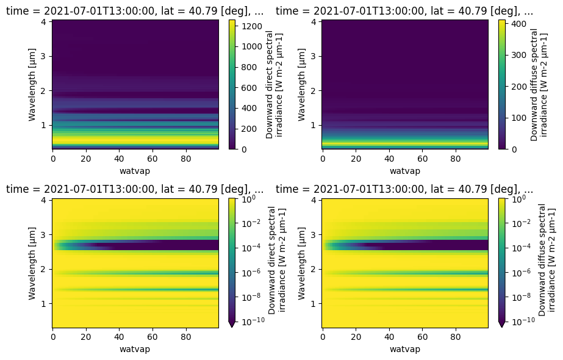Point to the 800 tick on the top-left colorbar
pyautogui.click(x=249, y=67)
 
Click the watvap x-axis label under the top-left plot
pyautogui.click(x=135, y=171)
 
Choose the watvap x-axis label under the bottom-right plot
pyautogui.click(x=404, y=349)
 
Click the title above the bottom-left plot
pyautogui.click(x=135, y=189)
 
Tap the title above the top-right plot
pyautogui.click(x=404, y=11)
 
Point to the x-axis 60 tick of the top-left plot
pyautogui.click(x=152, y=159)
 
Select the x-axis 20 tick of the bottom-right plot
pyautogui.click(x=356, y=337)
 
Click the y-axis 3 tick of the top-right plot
pyautogui.click(x=314, y=56)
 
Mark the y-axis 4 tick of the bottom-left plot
pyautogui.click(x=43, y=201)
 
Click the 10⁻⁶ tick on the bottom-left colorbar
pyautogui.click(x=251, y=273)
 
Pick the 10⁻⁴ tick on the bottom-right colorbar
pyautogui.click(x=521, y=248)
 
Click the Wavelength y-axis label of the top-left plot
pyautogui.click(x=32, y=85)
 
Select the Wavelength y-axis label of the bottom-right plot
pyautogui.click(x=301, y=264)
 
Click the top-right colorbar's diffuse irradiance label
pyautogui.click(x=539, y=85)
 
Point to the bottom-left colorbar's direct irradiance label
pyautogui.click(x=276, y=260)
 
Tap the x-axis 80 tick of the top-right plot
pyautogui.click(x=455, y=159)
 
